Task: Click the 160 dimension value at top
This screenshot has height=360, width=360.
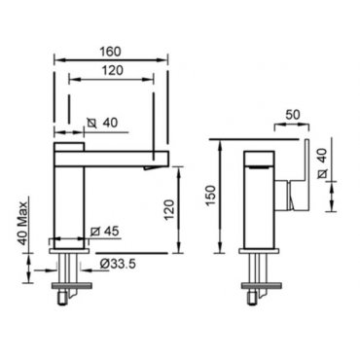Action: [x=110, y=52]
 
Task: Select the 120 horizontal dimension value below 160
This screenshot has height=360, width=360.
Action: [x=113, y=70]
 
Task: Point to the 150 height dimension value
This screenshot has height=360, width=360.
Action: [x=211, y=196]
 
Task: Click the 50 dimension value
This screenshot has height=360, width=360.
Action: [x=293, y=115]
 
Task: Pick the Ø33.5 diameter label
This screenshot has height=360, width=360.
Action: [x=118, y=264]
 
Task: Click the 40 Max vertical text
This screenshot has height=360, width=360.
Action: [x=22, y=223]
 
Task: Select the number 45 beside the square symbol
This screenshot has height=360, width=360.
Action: [x=112, y=232]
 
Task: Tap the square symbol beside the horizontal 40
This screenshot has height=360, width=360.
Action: [x=92, y=123]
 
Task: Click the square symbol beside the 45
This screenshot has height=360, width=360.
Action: [x=95, y=232]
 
